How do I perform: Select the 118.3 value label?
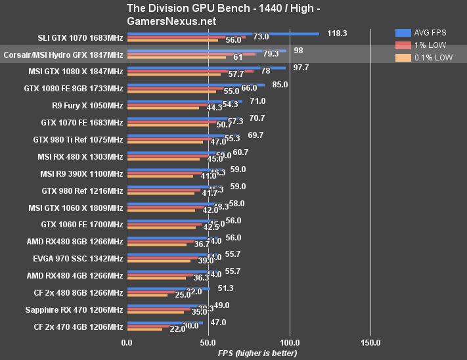[x=337, y=33]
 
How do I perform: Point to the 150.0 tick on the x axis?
[x=370, y=342]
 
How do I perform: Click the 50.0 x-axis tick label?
[x=208, y=342]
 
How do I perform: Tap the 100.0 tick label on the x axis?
[x=289, y=342]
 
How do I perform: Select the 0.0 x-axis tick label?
[x=127, y=342]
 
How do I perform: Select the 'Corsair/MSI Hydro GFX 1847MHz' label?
[x=63, y=55]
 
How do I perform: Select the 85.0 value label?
[x=280, y=84]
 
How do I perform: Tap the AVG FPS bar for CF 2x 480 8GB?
[x=168, y=288]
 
